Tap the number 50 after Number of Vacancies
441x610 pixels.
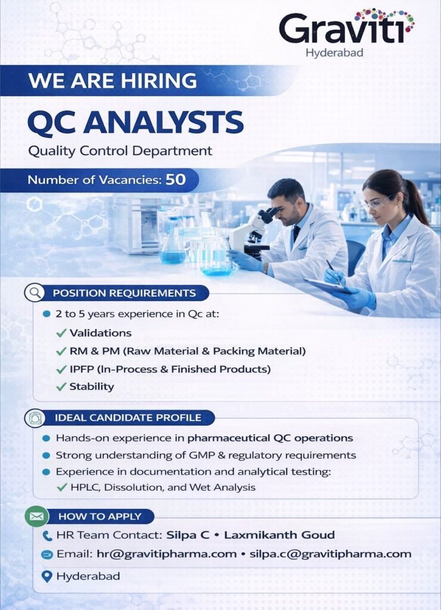click(x=175, y=179)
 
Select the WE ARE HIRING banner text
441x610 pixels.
click(x=113, y=80)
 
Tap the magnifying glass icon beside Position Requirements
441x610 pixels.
click(x=35, y=293)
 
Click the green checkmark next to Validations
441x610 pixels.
click(x=61, y=333)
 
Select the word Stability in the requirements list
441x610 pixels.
click(x=91, y=387)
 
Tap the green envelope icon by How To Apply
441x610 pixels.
click(x=36, y=516)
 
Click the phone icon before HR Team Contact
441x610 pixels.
click(x=48, y=536)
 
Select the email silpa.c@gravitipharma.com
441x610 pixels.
click(x=330, y=554)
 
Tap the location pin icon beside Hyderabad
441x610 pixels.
click(x=48, y=576)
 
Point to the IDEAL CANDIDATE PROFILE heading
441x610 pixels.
click(x=128, y=418)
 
